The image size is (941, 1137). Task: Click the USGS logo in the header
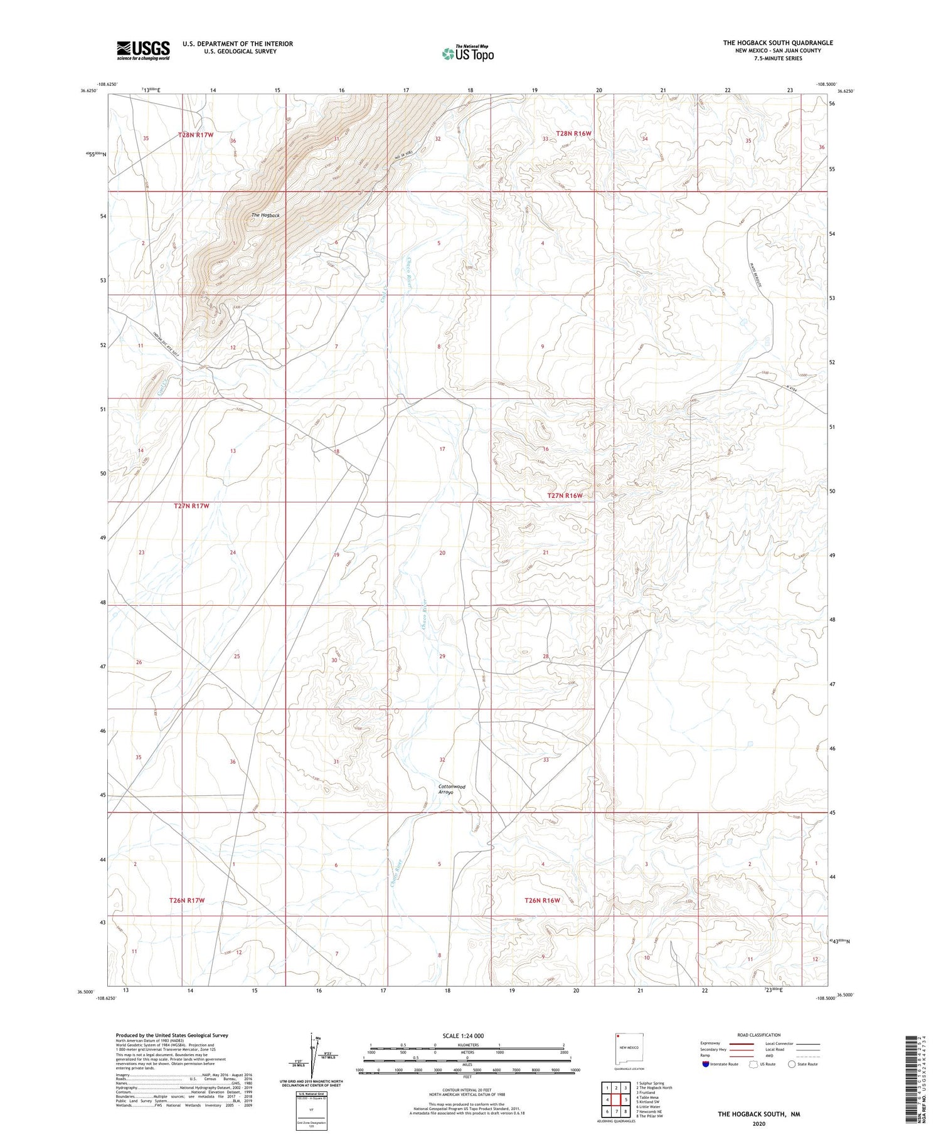point(142,50)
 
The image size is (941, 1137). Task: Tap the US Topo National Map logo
point(467,54)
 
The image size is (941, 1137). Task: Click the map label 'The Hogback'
point(265,215)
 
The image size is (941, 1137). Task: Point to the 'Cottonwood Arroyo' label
point(452,789)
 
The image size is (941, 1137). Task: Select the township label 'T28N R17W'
point(196,135)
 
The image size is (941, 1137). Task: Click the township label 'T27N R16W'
point(565,495)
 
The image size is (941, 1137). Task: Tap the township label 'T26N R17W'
point(187,900)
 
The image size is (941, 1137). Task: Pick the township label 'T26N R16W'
point(542,900)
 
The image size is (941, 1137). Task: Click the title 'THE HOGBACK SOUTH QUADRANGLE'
point(778,43)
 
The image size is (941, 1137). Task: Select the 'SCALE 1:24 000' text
point(462,1035)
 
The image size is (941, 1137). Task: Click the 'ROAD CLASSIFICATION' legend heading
point(759,1035)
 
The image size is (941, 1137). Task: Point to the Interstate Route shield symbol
point(706,1064)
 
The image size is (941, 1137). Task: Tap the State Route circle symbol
point(792,1064)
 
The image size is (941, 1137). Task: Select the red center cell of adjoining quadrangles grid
point(617,1082)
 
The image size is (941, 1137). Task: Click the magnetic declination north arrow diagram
point(312,1054)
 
